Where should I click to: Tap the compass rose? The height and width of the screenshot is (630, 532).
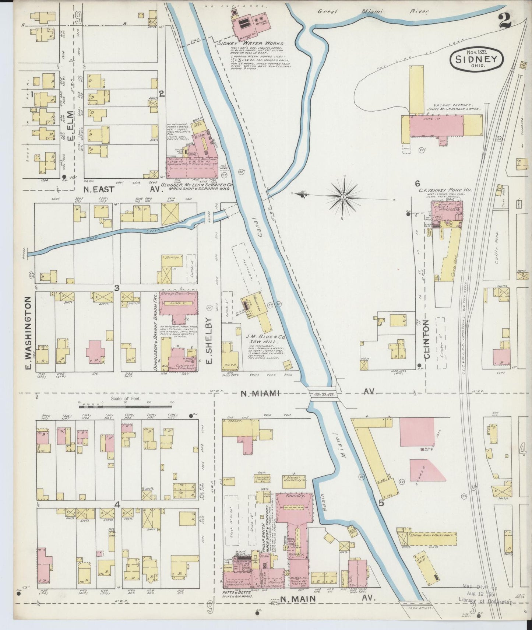(343, 197)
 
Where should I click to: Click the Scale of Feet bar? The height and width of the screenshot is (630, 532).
(126, 407)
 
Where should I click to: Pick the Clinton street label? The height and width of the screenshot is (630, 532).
(427, 339)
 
